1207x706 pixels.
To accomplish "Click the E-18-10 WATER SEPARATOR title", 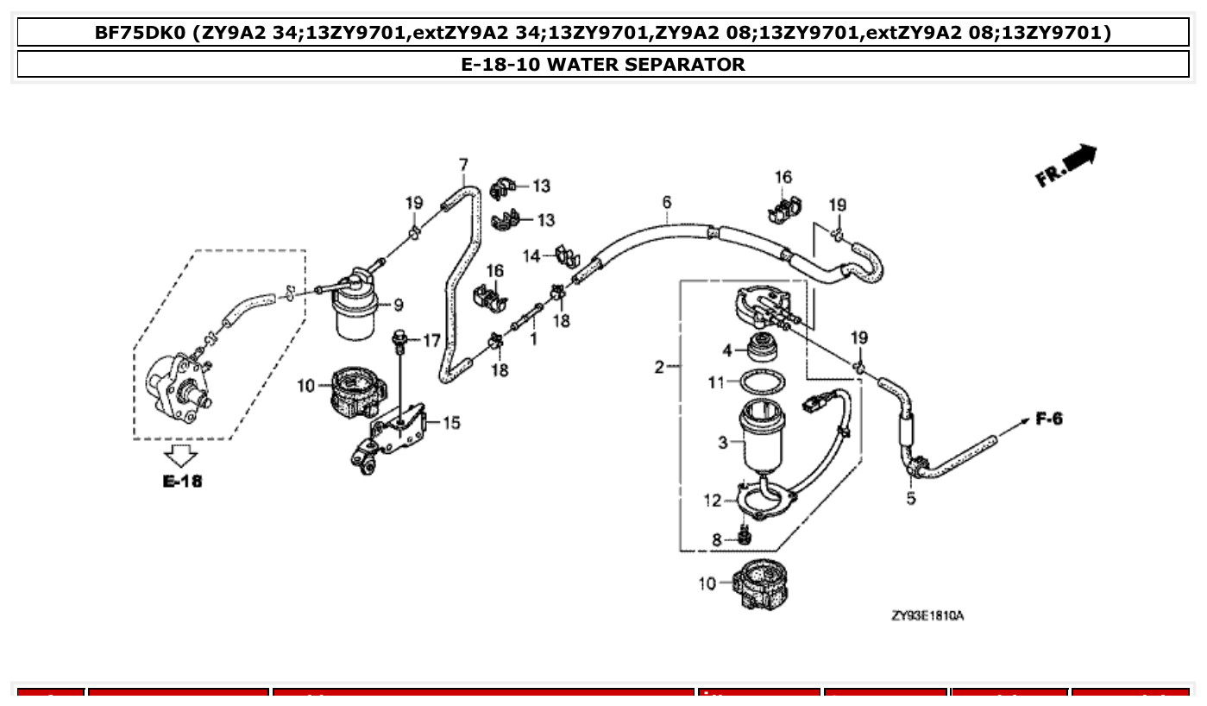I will (603, 64).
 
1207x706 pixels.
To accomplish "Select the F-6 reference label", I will (1049, 419).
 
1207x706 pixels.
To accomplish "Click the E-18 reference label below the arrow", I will (182, 481).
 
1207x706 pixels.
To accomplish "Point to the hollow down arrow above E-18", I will (182, 455).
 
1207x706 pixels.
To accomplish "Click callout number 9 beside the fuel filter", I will (398, 305).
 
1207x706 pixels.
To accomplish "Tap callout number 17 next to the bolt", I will (432, 341).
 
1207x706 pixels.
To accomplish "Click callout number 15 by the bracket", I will (451, 422).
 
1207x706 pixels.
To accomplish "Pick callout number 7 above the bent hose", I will (463, 164).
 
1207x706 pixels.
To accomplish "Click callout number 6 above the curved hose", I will (667, 203).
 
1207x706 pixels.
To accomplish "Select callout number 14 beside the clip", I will (531, 255).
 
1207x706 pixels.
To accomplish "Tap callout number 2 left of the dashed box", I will (659, 368).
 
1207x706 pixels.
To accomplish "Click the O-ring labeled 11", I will (764, 381).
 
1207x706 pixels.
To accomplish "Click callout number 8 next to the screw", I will (716, 540).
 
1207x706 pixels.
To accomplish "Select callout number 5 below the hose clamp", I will (911, 499).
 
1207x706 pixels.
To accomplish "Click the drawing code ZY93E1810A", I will (927, 616).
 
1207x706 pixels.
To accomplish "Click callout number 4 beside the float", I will (727, 350).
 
